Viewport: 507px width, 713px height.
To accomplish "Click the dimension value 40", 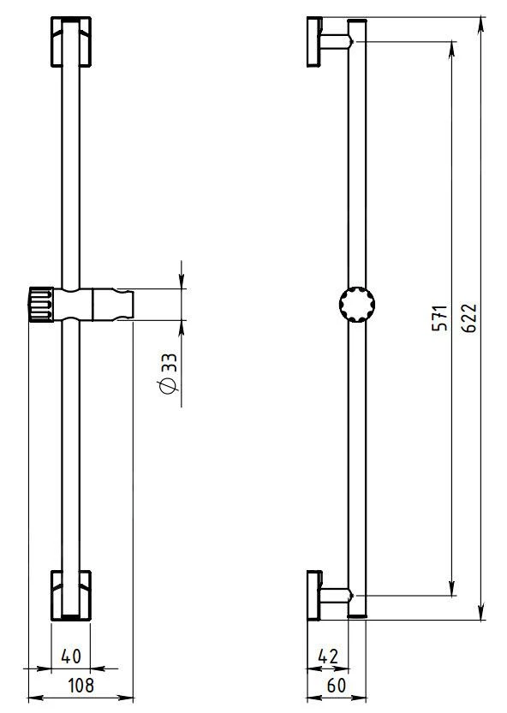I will (72, 657).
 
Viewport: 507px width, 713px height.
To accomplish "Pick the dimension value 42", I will (329, 657).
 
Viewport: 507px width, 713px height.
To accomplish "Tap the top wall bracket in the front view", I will (70, 41).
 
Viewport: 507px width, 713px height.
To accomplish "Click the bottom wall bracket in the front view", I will (70, 595).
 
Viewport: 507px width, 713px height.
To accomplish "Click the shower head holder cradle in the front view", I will (111, 304).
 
